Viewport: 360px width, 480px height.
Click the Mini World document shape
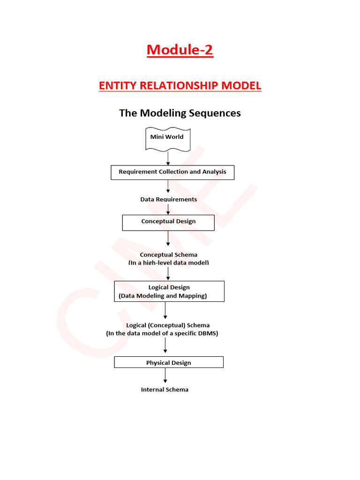167,138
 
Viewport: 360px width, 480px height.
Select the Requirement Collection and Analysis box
172,172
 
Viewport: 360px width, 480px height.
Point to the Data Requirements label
168,199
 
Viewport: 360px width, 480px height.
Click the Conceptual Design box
168,222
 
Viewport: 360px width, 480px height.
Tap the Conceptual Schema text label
168,255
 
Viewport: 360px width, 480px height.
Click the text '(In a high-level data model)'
168,263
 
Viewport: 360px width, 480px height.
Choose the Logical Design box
169,291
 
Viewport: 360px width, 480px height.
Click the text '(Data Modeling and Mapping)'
163,296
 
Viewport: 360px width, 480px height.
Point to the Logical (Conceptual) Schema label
168,325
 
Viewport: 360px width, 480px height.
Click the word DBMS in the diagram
208,334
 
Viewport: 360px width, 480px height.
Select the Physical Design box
169,362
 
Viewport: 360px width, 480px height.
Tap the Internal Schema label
165,390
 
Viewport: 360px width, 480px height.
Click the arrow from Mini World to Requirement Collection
168,158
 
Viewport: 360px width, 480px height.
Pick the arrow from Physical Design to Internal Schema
165,375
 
